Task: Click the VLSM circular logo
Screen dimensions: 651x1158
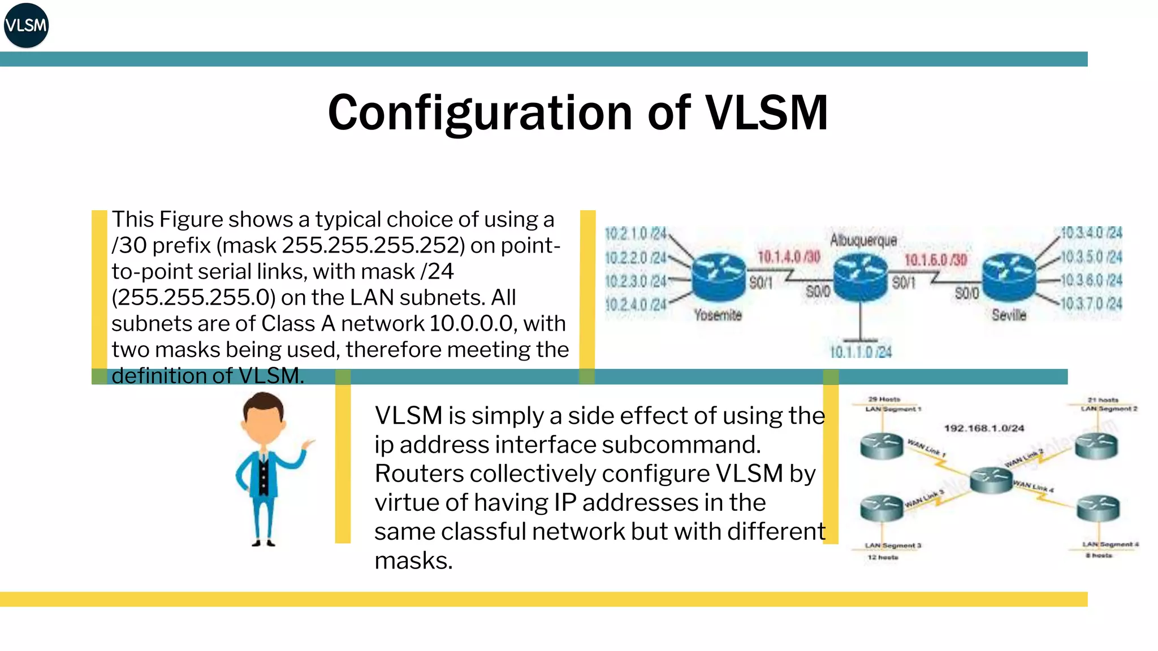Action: (x=26, y=25)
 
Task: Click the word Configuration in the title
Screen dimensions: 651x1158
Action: (x=479, y=112)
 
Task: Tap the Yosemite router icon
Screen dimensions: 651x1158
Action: (x=719, y=276)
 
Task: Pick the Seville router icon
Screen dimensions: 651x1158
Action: (x=1009, y=276)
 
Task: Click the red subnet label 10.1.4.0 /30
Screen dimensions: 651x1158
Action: (x=789, y=257)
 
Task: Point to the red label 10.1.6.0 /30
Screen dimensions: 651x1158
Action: (x=936, y=260)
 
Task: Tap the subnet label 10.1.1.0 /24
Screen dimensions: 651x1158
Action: (x=861, y=352)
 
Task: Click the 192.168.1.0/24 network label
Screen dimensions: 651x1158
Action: (x=984, y=428)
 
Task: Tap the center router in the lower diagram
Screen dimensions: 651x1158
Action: (x=991, y=479)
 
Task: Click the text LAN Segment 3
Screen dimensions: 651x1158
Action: (x=893, y=545)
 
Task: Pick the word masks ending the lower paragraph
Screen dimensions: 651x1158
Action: (x=413, y=561)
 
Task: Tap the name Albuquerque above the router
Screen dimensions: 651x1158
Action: (x=863, y=240)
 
